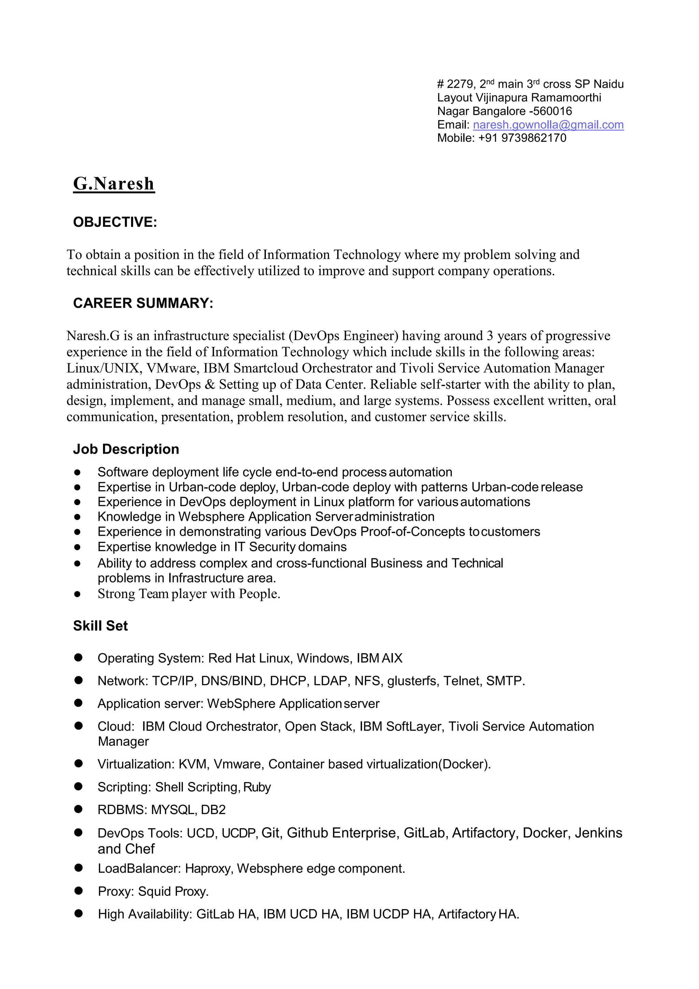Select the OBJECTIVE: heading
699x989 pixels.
coord(115,222)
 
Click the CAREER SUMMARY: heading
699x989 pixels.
coord(143,303)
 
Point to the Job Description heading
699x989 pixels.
coord(126,449)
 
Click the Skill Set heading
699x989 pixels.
coord(100,626)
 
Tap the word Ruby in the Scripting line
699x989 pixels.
coord(257,788)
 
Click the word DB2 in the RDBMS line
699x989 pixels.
coord(213,810)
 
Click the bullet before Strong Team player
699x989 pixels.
coord(77,595)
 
